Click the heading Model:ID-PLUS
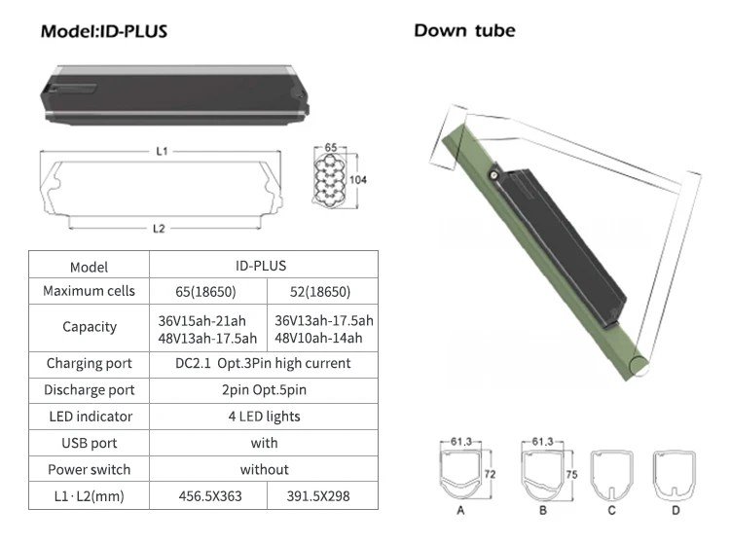[104, 31]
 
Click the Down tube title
[464, 30]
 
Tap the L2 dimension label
[159, 228]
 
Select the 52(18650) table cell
[321, 291]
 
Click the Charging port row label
[89, 363]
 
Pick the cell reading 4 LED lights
[264, 417]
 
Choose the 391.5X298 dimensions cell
[321, 496]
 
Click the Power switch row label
[89, 469]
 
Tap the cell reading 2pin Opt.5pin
[264, 389]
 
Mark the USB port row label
[89, 443]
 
